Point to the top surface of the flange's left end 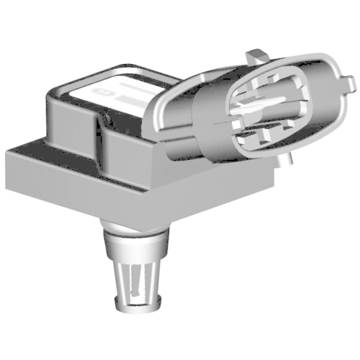[29, 144]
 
